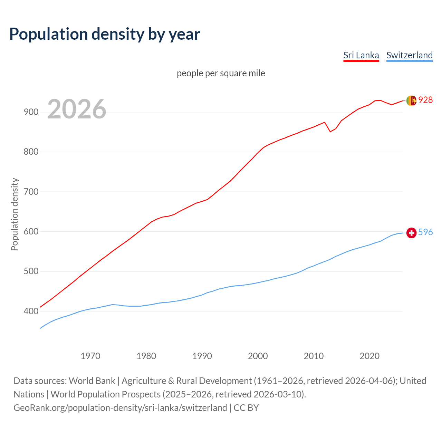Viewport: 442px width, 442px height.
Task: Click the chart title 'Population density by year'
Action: tap(105, 34)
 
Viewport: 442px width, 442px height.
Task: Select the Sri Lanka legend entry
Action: tap(361, 55)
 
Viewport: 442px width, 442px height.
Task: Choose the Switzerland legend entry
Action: tap(409, 55)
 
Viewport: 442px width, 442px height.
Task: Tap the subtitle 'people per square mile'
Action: tap(221, 73)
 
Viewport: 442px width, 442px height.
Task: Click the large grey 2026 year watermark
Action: tap(77, 109)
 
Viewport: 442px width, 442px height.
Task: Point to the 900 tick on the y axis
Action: tap(31, 112)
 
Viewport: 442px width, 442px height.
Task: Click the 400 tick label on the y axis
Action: tap(31, 311)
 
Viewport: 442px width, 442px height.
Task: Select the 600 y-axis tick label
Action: tap(31, 231)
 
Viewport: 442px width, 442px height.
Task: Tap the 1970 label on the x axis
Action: tap(90, 356)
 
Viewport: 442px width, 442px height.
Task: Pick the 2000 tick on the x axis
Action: tap(258, 356)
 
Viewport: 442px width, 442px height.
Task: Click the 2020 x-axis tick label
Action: tap(369, 356)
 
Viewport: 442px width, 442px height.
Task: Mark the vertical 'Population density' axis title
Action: tap(15, 214)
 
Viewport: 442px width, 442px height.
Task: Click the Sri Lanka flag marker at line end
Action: tap(411, 100)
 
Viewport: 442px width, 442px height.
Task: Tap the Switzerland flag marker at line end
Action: tap(411, 233)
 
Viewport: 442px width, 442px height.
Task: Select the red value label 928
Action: tap(425, 100)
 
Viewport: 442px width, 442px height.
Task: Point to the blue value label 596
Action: tap(425, 232)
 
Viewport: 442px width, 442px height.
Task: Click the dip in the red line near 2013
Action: tap(330, 132)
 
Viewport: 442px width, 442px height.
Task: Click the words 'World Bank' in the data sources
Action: tap(92, 381)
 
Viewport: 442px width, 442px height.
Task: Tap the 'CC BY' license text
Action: tap(246, 407)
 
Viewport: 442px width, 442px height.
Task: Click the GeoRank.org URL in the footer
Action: tap(120, 407)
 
